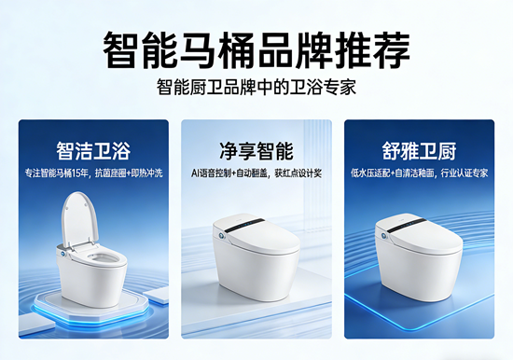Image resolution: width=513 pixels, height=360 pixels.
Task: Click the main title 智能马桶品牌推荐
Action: pos(256,48)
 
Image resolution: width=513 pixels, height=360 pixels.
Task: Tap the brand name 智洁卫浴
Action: pos(94,149)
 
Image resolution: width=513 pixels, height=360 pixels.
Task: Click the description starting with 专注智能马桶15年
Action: pos(94,173)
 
